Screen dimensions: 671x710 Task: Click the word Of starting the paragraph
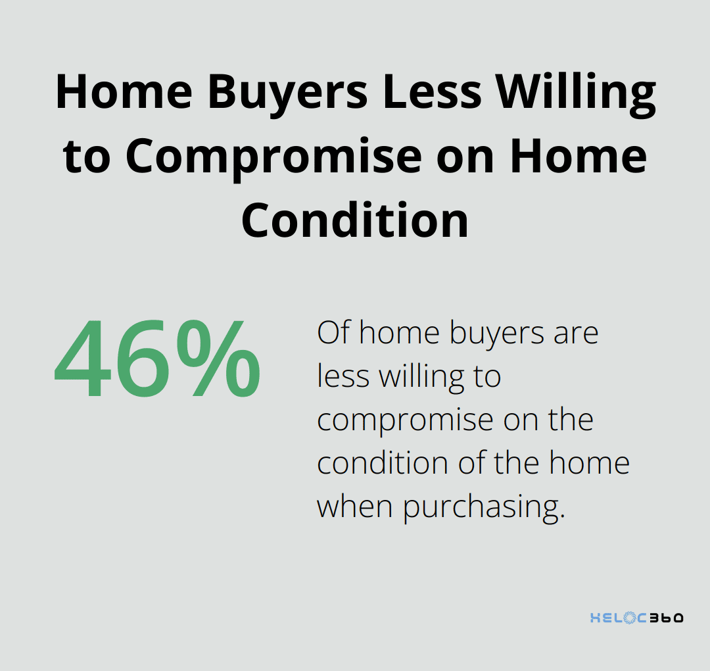[x=334, y=333]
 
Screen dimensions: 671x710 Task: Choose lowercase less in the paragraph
[x=344, y=376]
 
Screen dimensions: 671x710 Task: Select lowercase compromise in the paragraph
[x=404, y=420]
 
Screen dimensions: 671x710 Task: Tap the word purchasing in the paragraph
[x=484, y=507]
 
